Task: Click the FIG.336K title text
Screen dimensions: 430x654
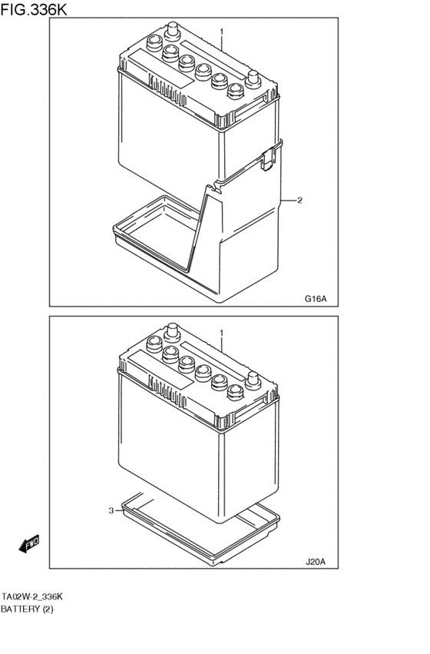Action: (x=34, y=8)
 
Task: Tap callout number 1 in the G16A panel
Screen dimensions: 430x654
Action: (x=222, y=32)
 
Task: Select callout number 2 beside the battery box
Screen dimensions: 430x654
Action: (x=299, y=201)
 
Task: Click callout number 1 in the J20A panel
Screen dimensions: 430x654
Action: (x=222, y=334)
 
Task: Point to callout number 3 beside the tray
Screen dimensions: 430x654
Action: (x=111, y=510)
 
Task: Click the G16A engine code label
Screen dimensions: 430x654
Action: (x=316, y=299)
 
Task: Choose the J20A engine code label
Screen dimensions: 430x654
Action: (x=316, y=562)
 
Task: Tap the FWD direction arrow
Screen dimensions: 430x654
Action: (x=29, y=544)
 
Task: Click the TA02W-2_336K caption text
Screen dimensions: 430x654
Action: (x=32, y=597)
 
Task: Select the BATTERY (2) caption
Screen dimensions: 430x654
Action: (x=27, y=609)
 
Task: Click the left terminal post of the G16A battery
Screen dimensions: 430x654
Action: (x=172, y=32)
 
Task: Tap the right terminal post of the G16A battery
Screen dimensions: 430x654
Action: (x=253, y=79)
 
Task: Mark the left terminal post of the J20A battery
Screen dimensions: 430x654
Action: (x=172, y=333)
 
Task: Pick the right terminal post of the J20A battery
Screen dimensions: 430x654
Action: (x=253, y=380)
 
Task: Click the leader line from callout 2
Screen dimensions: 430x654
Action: (x=288, y=201)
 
